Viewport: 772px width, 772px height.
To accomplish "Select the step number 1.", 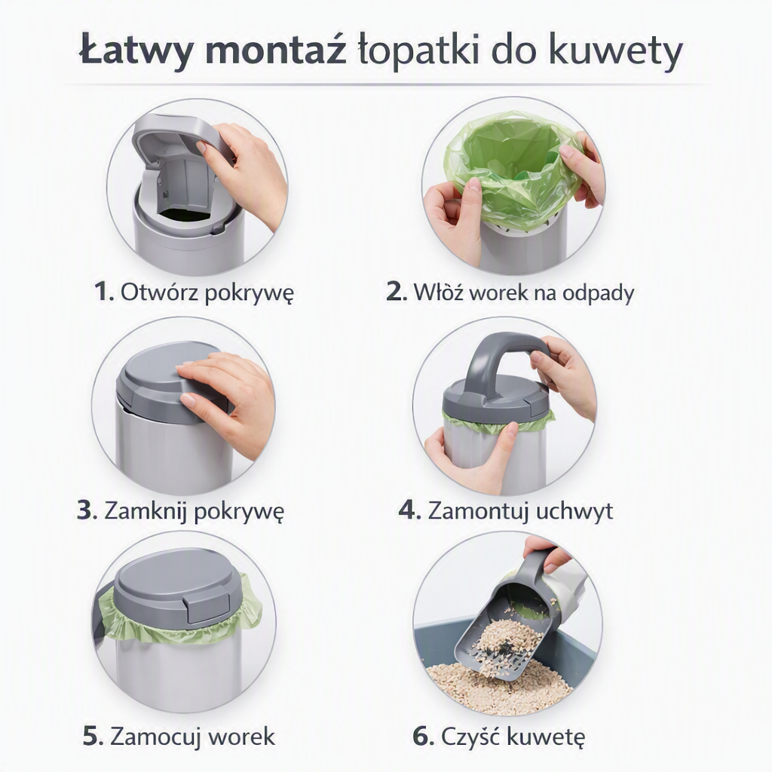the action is pos(104,292).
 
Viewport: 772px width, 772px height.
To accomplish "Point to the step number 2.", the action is pos(397,292).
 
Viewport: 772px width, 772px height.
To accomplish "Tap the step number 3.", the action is pos(87,510).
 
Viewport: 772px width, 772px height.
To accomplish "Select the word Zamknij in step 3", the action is pos(146,511).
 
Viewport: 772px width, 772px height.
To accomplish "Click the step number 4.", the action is pos(409,510).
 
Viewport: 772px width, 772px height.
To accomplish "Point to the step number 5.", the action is pos(93,737).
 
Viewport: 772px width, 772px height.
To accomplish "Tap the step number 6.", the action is pos(424,737).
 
